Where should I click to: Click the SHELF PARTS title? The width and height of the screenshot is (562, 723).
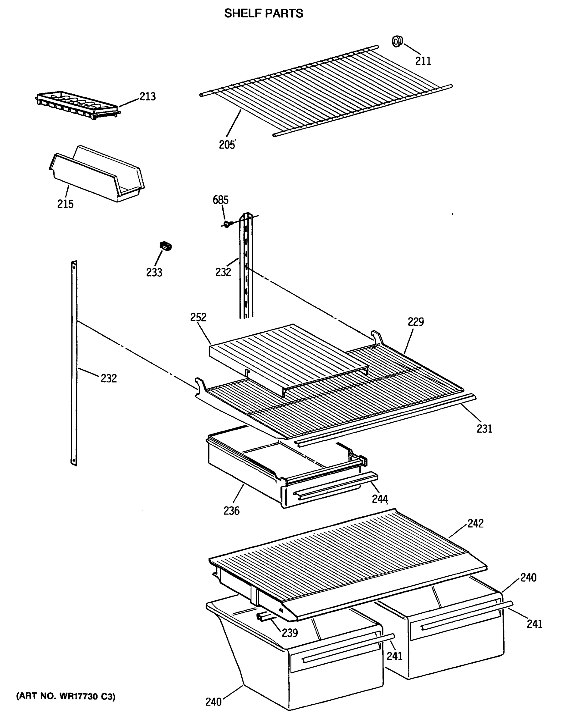pyautogui.click(x=264, y=14)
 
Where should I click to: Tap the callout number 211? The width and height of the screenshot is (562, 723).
pyautogui.click(x=423, y=61)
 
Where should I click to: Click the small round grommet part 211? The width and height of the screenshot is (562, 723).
pyautogui.click(x=397, y=42)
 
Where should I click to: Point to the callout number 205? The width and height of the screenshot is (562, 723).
pyautogui.click(x=227, y=145)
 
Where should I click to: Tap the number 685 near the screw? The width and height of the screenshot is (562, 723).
pyautogui.click(x=220, y=200)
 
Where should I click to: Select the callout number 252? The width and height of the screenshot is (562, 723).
pyautogui.click(x=198, y=317)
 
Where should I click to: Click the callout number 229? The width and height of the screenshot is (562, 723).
pyautogui.click(x=415, y=321)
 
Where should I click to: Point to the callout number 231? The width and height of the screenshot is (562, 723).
pyautogui.click(x=484, y=429)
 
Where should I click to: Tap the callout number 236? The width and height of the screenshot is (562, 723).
pyautogui.click(x=231, y=511)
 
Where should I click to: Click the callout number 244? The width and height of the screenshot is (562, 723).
pyautogui.click(x=380, y=499)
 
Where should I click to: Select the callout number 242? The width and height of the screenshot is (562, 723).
pyautogui.click(x=475, y=523)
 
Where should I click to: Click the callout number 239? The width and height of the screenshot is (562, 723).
pyautogui.click(x=290, y=633)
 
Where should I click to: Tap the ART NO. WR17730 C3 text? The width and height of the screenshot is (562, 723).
pyautogui.click(x=66, y=696)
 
